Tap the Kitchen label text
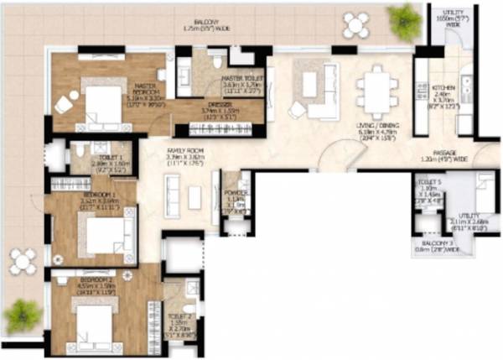(443, 93)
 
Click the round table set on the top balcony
(356, 24)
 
